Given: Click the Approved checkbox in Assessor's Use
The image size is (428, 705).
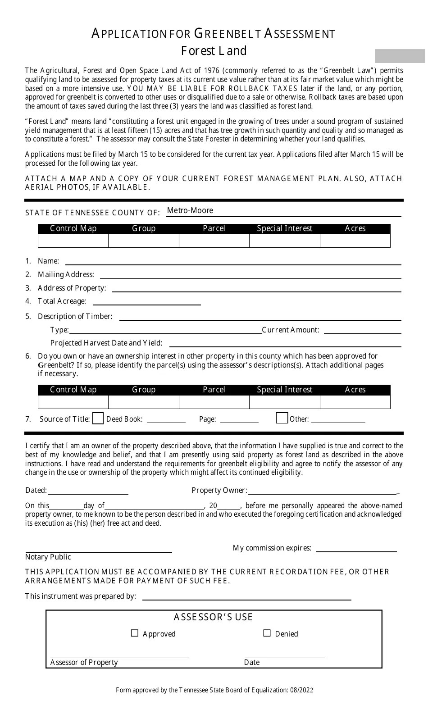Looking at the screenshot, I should point(134,633).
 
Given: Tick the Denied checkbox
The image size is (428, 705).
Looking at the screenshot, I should point(267,633).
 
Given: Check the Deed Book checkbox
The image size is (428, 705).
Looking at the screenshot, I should point(98,418).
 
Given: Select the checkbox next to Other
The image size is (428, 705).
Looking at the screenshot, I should point(282,418).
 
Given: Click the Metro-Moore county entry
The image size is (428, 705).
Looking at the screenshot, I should point(190,210).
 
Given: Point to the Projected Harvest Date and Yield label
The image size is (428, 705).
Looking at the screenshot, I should point(106,343).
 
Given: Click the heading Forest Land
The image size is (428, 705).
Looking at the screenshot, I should point(214,50).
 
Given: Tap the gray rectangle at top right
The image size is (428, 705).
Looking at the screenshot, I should point(400,56).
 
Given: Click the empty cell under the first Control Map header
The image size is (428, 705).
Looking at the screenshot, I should point(73,241).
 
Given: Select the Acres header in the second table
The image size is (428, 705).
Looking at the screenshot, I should point(355,390).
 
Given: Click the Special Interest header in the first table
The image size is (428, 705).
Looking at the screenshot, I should point(284,228).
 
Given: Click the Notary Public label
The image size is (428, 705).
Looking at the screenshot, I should point(48,557).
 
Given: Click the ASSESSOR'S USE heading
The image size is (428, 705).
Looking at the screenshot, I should point(214,617).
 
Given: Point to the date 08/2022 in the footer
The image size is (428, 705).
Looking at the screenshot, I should point(302,690).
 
